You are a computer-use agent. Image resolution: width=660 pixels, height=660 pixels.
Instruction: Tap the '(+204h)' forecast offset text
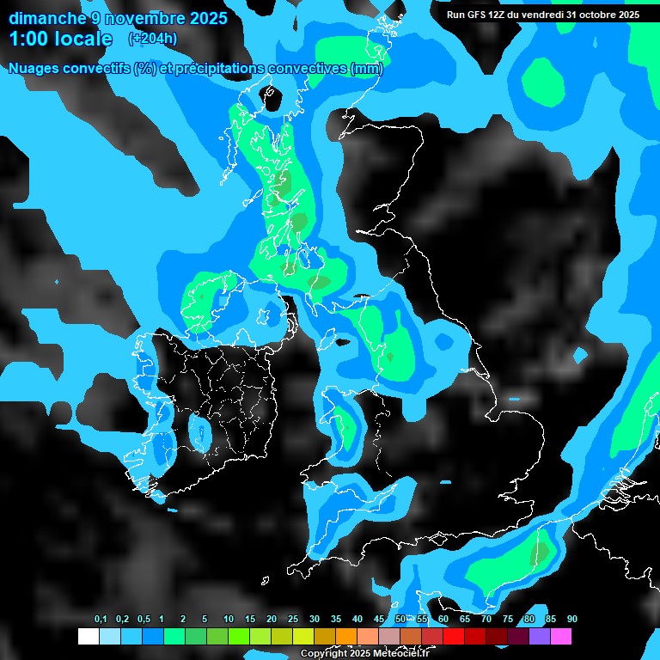pos(153,38)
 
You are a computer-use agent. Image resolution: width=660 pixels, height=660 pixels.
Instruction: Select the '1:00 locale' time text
pos(60,39)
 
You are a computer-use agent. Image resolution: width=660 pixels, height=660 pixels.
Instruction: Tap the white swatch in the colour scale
pos(88,636)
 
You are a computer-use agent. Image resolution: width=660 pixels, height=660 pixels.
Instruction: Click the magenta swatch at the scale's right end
pos(561,636)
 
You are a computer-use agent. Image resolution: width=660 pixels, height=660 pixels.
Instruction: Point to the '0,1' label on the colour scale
pos(101,619)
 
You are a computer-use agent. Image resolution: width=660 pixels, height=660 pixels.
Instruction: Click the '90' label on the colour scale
pos(572,619)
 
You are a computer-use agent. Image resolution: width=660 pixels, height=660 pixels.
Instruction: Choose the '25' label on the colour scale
pos(293,619)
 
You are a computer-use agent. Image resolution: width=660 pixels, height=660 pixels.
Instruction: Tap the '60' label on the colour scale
pos(443,619)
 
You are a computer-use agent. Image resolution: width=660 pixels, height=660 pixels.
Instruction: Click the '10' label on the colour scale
pos(229,619)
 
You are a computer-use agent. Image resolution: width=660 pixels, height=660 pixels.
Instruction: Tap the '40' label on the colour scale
pos(357,619)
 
